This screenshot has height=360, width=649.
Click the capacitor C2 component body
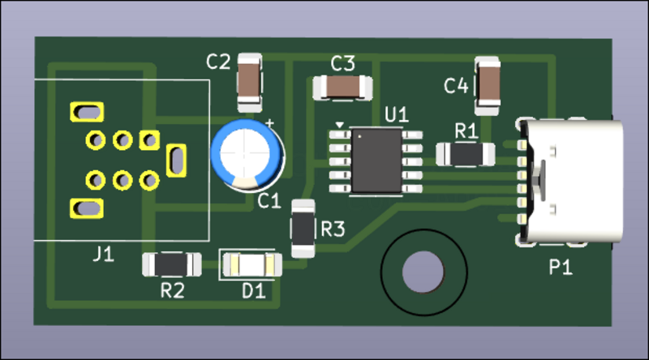[x=249, y=82]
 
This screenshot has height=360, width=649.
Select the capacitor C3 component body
[x=342, y=87]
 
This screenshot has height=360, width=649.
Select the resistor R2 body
[x=171, y=264]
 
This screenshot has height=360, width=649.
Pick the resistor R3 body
[x=303, y=229]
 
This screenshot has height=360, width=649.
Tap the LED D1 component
[x=251, y=264]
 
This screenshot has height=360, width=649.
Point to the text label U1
[x=397, y=114]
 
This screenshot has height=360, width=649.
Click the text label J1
[x=102, y=255]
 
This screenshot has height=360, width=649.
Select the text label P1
[x=561, y=268]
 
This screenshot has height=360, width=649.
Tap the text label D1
[x=254, y=290]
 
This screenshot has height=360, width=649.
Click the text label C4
[x=456, y=86]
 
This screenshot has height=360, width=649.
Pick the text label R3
[x=333, y=229]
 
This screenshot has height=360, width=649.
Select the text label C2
[x=218, y=61]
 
